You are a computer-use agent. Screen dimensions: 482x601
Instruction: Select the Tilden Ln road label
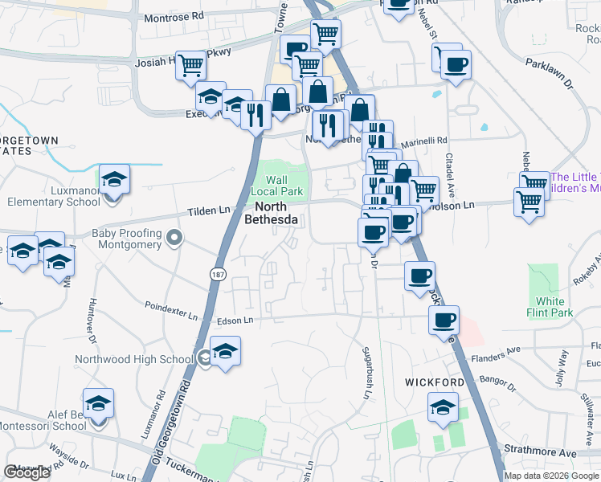pos(208,210)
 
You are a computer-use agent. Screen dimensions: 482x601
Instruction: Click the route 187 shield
pos(218,274)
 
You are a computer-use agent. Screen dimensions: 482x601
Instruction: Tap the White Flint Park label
pos(550,307)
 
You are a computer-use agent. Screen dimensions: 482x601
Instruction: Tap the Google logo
pos(26,472)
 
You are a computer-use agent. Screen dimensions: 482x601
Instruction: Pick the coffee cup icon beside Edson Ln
pos(444,321)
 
